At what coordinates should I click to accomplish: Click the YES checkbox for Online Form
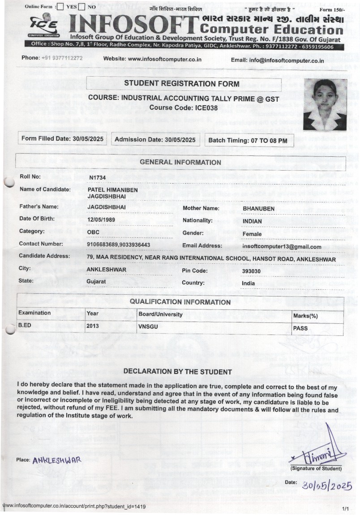click(61, 7)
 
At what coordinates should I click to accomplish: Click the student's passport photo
click(325, 104)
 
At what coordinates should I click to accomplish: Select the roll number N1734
click(98, 177)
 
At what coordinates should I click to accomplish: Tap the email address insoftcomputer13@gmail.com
click(282, 246)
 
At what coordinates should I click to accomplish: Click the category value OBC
click(93, 232)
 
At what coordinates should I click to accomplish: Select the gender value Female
click(252, 234)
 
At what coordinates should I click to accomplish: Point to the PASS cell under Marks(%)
click(300, 328)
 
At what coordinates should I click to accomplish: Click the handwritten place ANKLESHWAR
click(56, 460)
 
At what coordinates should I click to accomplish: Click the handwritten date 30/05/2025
click(326, 485)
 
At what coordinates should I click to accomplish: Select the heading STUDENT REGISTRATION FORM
click(181, 84)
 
